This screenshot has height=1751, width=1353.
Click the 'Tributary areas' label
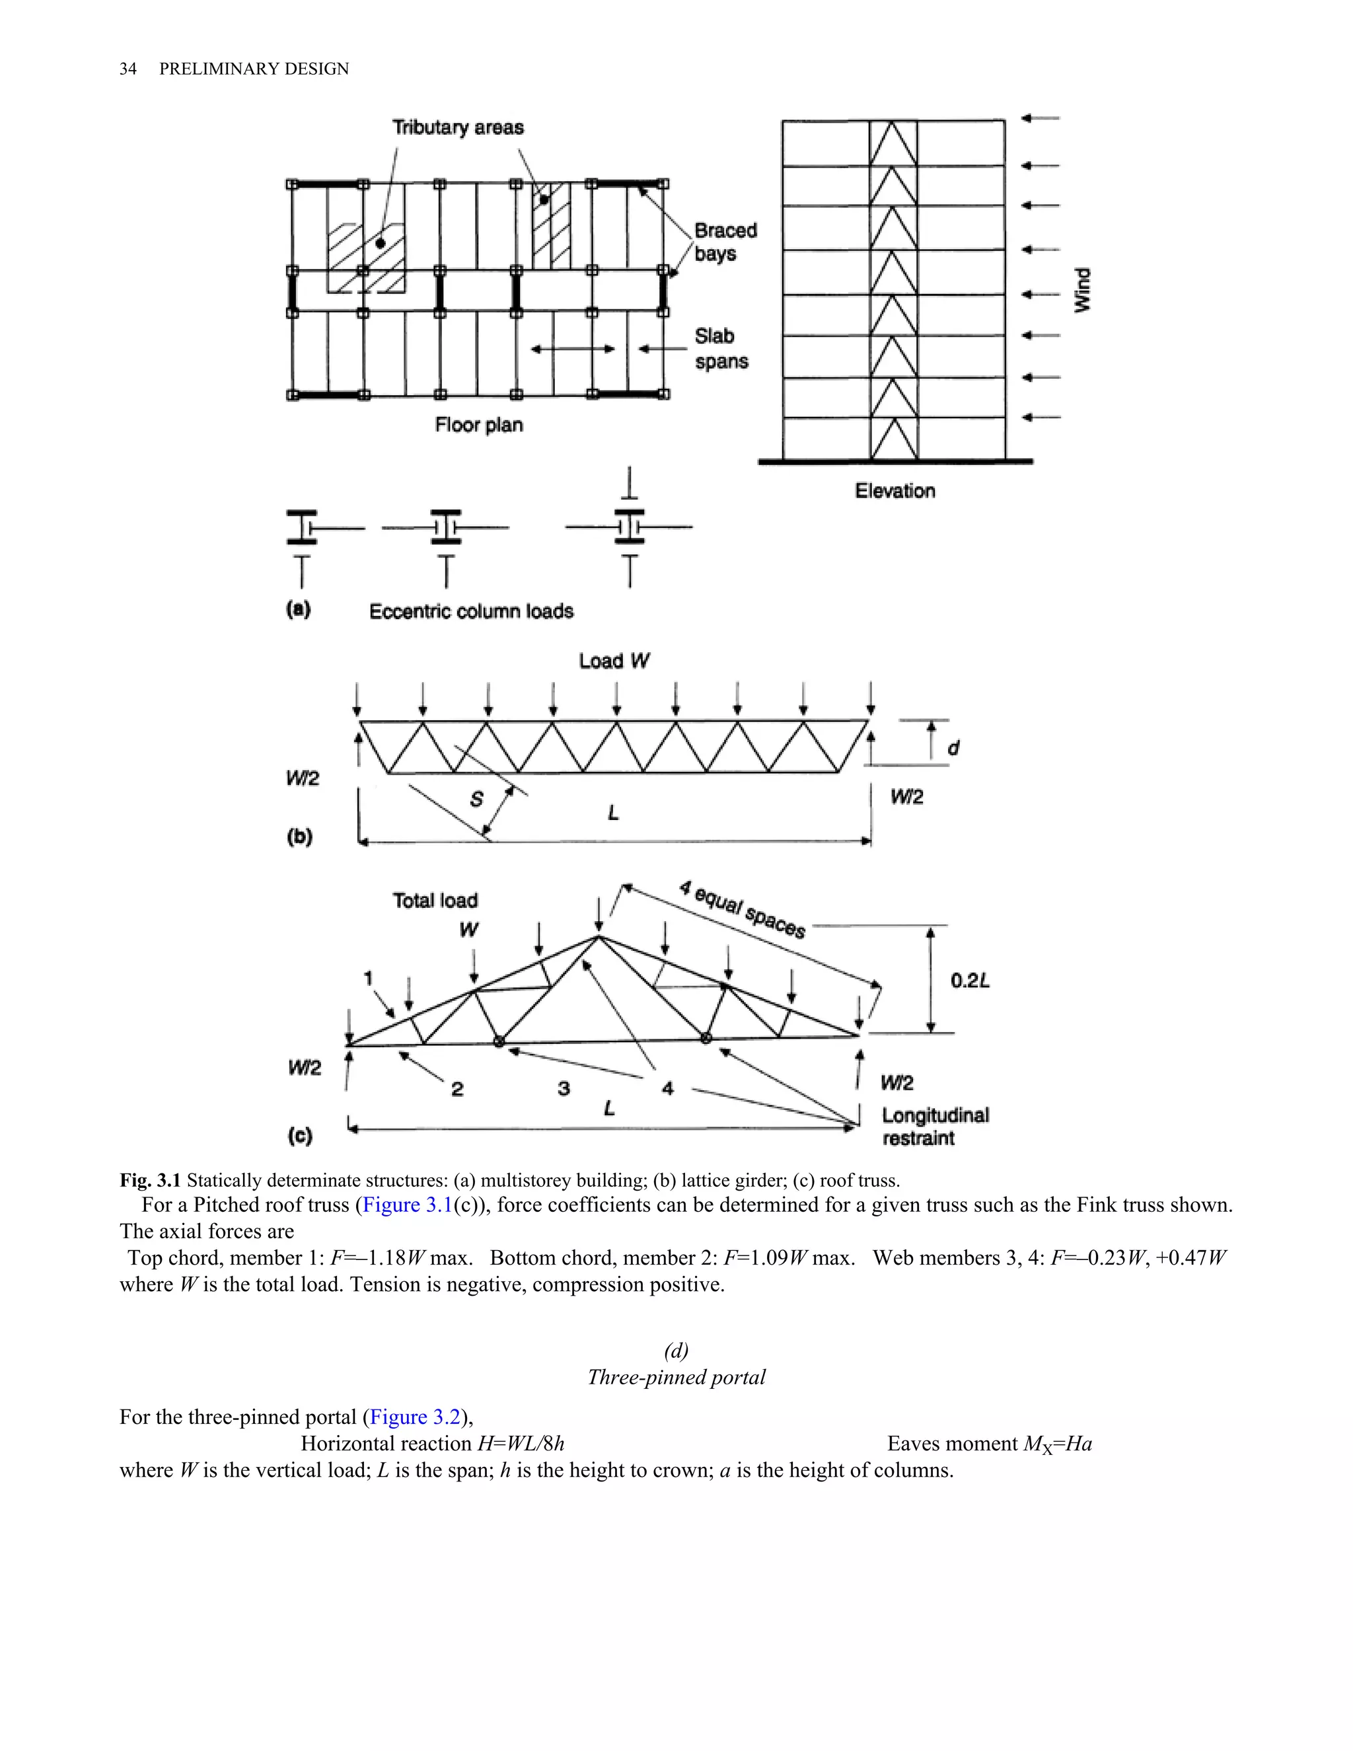click(458, 128)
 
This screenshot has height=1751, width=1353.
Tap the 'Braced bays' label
click(725, 242)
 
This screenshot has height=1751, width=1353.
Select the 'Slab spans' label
click(721, 349)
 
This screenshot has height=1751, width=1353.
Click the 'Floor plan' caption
click(478, 425)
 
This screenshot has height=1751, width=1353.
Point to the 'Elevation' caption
click(895, 491)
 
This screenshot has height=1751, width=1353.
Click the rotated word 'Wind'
click(1082, 290)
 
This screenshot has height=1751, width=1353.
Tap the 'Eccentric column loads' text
click(471, 612)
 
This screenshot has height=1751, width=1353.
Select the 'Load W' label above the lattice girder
click(614, 661)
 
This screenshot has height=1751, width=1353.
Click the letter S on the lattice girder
click(476, 800)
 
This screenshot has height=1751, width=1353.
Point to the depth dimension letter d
click(953, 748)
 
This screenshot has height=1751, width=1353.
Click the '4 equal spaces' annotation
click(741, 910)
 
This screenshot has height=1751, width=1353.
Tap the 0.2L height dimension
click(970, 981)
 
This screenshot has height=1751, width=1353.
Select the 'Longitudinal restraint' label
click(935, 1127)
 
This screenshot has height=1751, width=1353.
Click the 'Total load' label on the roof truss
click(435, 901)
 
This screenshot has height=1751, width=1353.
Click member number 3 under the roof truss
click(564, 1088)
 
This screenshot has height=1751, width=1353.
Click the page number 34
click(128, 69)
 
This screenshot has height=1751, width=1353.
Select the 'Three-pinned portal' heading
click(676, 1378)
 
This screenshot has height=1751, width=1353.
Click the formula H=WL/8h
click(521, 1444)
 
